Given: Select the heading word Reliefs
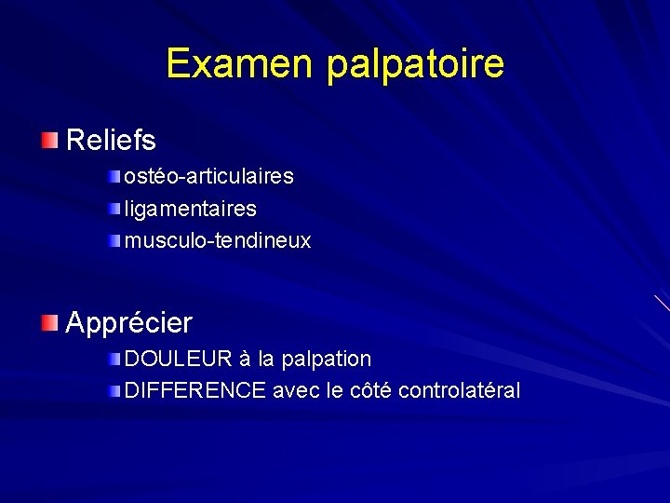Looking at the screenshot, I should [111, 141].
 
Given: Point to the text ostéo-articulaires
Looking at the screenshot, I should [209, 176].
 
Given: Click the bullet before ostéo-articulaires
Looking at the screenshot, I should [114, 176].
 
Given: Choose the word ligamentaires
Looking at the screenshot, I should [191, 209].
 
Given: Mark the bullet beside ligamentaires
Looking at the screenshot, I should [114, 209].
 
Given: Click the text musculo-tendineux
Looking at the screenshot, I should [218, 240].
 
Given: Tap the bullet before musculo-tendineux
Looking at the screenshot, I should [114, 241].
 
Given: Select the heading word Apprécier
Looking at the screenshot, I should [128, 323].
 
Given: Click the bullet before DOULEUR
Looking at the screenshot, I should [114, 359].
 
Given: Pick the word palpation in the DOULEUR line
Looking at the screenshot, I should [326, 360].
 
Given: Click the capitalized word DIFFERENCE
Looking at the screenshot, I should [195, 390].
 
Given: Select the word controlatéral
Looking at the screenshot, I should [459, 390].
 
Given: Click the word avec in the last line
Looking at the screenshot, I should [296, 390].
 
